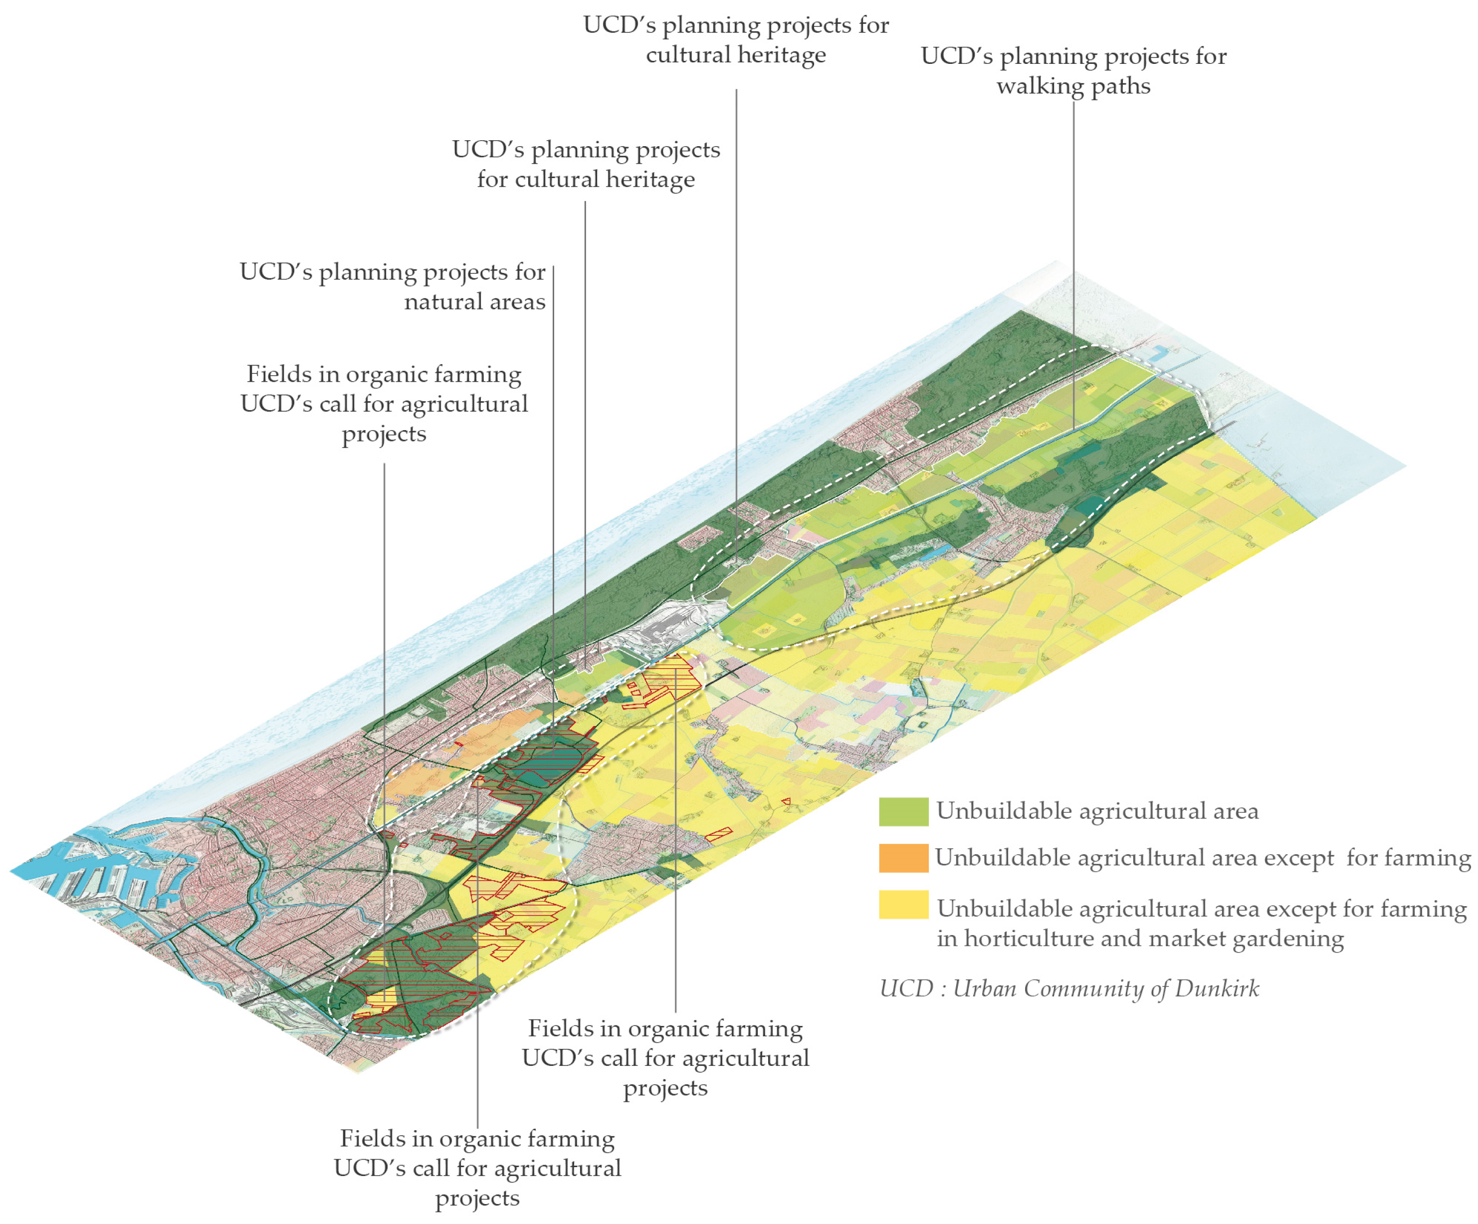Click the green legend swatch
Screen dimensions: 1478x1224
tap(903, 811)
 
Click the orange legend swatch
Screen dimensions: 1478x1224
tap(903, 858)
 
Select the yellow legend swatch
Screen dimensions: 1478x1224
tap(903, 905)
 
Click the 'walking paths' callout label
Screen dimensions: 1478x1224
tap(1073, 71)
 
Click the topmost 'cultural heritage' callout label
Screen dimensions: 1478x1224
tap(735, 40)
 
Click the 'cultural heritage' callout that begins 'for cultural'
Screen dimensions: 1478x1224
tap(586, 164)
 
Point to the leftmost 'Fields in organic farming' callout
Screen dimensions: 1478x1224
tap(384, 403)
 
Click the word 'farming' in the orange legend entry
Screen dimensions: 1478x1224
tap(1443, 858)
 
